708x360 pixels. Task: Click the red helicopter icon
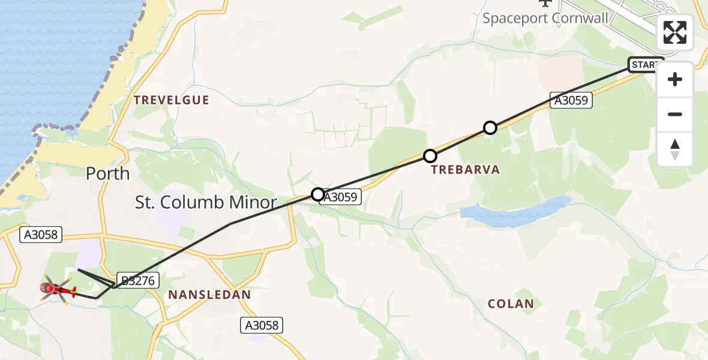click(58, 290)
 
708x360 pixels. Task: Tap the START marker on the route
click(645, 65)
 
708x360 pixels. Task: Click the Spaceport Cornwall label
click(545, 17)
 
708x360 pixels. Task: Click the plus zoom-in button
click(675, 79)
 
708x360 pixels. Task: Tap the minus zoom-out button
click(675, 114)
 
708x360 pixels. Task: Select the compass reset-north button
click(675, 149)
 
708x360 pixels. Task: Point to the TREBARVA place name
click(466, 170)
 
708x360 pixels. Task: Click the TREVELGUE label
click(172, 100)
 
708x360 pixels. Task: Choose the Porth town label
click(107, 173)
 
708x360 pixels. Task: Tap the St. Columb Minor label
click(206, 202)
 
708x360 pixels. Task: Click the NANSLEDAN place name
click(209, 295)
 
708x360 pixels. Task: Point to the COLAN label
click(511, 304)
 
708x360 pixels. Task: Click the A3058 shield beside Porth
click(41, 235)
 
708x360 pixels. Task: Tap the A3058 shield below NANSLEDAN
click(262, 325)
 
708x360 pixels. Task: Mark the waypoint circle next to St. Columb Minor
click(318, 194)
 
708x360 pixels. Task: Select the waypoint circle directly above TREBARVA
click(430, 156)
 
